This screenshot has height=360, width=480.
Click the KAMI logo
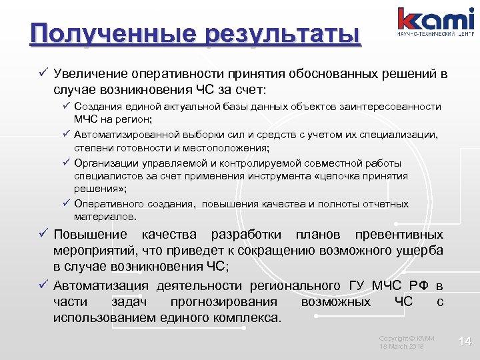[436, 21]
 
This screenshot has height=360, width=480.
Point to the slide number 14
[465, 341]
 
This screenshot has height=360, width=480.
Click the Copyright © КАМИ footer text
[407, 338]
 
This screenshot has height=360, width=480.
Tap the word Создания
[97, 107]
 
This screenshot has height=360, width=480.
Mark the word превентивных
[399, 235]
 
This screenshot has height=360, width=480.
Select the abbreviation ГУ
[357, 286]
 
